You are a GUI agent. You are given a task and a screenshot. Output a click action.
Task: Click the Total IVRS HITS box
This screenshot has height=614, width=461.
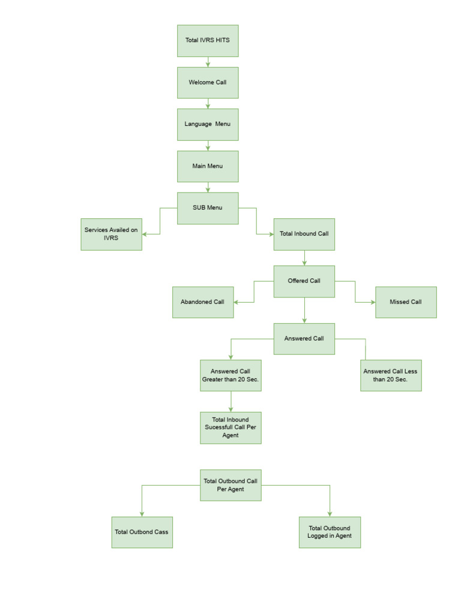tap(208, 41)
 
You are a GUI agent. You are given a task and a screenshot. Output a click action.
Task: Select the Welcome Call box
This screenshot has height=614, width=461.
tap(208, 83)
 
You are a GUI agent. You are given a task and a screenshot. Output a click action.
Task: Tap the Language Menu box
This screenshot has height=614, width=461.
tap(208, 124)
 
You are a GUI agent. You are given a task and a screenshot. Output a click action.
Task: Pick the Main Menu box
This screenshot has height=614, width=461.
tap(208, 166)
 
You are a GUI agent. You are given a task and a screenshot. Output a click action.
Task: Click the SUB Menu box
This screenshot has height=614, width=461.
tap(208, 208)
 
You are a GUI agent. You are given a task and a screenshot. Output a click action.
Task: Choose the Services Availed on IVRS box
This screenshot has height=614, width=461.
tap(112, 234)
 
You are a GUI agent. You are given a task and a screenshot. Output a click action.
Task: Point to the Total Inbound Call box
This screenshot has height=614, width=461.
tap(304, 234)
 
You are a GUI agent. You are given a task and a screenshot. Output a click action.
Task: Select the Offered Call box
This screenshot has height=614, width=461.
tap(304, 281)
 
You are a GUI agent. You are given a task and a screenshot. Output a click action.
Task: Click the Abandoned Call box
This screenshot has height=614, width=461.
tap(203, 302)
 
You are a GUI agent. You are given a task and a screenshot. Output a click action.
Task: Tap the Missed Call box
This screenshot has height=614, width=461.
tap(406, 302)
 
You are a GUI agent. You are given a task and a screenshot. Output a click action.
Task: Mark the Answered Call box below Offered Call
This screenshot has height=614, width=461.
tap(304, 339)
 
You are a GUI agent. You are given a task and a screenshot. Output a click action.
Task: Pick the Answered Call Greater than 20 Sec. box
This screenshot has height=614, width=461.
tap(230, 375)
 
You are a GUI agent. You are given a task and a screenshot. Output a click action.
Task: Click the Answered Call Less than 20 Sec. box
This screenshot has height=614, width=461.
tap(391, 375)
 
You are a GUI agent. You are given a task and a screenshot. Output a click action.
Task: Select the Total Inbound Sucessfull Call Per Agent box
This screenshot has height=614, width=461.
tap(230, 428)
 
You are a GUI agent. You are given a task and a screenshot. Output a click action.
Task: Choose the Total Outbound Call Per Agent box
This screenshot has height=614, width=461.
tap(230, 485)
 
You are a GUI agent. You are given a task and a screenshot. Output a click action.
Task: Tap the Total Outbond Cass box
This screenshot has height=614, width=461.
tap(142, 532)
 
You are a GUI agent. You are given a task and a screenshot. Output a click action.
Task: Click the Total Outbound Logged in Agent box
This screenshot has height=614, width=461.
tap(330, 532)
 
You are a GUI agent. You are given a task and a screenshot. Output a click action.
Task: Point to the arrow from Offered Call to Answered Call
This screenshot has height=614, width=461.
tap(304, 311)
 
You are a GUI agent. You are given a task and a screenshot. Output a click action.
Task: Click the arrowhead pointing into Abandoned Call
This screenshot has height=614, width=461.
tap(237, 302)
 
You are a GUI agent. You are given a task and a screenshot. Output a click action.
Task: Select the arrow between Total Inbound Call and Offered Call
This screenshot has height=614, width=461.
tap(304, 258)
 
